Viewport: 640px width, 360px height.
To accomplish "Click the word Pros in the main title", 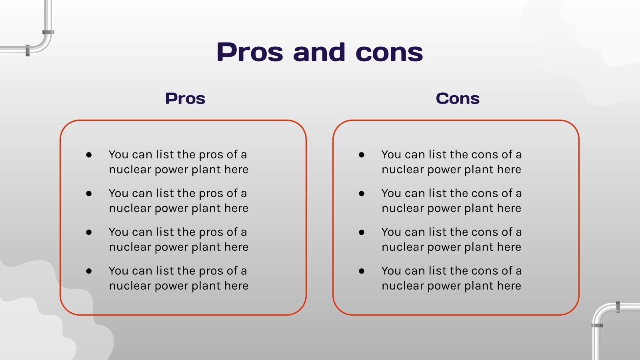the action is pos(250,52).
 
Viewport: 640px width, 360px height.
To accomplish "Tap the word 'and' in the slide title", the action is pos(319,52).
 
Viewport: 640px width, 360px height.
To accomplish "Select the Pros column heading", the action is pos(185,98).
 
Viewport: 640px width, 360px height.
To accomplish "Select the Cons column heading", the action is pos(458,98).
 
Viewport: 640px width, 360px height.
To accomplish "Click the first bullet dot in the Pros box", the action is pos(89,155).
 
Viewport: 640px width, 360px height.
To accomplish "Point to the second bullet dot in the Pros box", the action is pos(89,194).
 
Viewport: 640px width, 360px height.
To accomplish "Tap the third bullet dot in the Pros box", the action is pos(89,232).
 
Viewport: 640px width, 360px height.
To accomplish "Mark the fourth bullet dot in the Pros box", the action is pos(89,271).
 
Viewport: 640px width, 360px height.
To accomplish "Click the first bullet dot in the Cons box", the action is pos(362,155).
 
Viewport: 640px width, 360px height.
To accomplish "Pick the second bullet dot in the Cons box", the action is pos(362,194).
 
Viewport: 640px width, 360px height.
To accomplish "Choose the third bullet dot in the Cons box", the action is pos(362,232).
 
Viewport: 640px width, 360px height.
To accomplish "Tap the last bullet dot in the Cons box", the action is pos(362,271).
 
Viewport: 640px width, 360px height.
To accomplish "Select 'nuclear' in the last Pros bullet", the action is pos(130,286).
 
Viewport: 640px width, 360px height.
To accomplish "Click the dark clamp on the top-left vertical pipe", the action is pos(48,32).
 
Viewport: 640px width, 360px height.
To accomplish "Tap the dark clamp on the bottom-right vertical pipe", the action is pos(597,326).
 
